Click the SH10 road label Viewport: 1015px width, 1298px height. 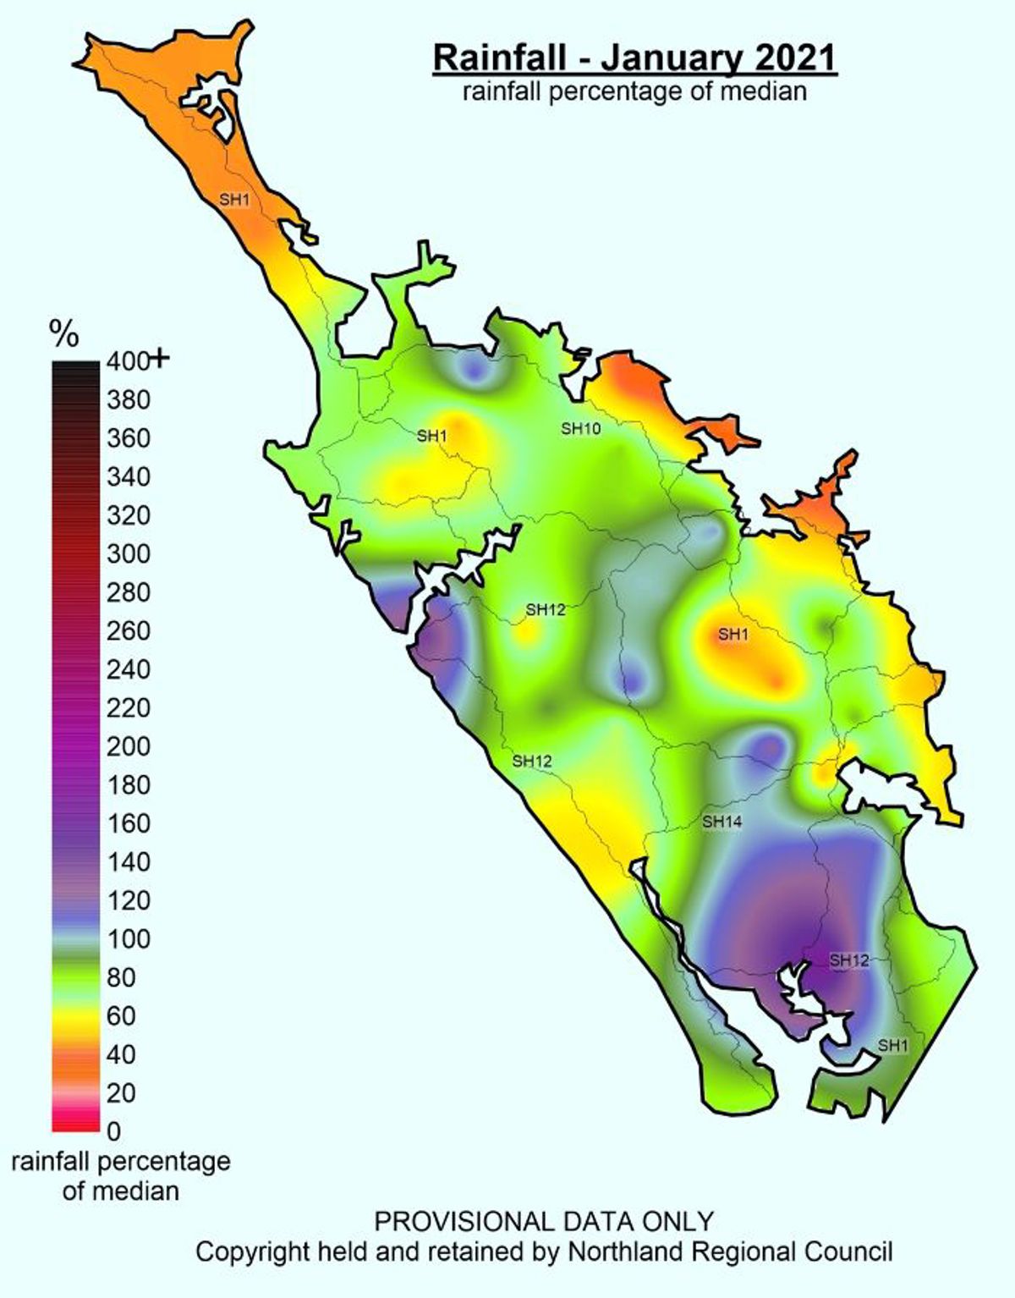(x=581, y=429)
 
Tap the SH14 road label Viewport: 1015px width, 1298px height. (x=721, y=821)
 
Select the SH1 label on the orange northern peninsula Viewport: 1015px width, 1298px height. (x=234, y=201)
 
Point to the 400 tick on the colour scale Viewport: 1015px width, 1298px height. (x=128, y=361)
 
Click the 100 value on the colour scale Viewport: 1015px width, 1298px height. (x=128, y=938)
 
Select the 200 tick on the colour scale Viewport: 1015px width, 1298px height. (x=128, y=746)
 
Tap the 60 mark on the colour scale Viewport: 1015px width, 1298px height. (x=121, y=1015)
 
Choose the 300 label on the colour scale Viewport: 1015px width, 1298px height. (x=128, y=553)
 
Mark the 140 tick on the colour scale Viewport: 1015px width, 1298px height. (x=128, y=861)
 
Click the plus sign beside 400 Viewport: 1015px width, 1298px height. (x=160, y=360)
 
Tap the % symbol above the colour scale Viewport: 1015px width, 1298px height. (x=64, y=335)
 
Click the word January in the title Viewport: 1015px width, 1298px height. (x=661, y=58)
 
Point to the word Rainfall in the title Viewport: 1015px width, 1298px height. (x=499, y=58)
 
